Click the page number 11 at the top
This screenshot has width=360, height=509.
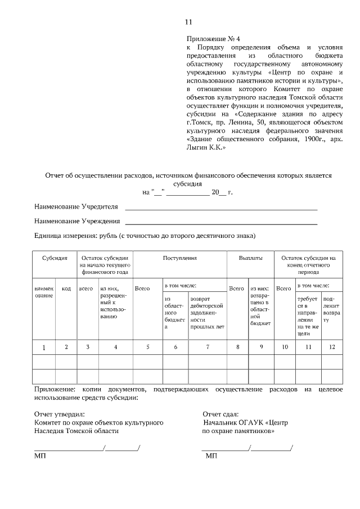click(x=188, y=22)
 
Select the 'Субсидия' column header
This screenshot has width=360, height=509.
click(x=55, y=258)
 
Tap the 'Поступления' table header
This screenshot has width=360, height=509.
click(x=179, y=258)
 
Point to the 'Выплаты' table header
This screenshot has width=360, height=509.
click(x=250, y=258)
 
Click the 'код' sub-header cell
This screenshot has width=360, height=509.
click(x=66, y=289)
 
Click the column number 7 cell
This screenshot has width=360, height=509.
click(x=208, y=347)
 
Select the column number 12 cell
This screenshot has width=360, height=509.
click(x=332, y=347)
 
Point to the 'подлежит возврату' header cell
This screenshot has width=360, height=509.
click(x=332, y=313)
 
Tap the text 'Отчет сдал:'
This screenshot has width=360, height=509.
click(x=220, y=414)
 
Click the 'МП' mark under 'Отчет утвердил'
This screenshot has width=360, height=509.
click(x=40, y=455)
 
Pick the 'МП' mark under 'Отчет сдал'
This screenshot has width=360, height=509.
click(x=211, y=455)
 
